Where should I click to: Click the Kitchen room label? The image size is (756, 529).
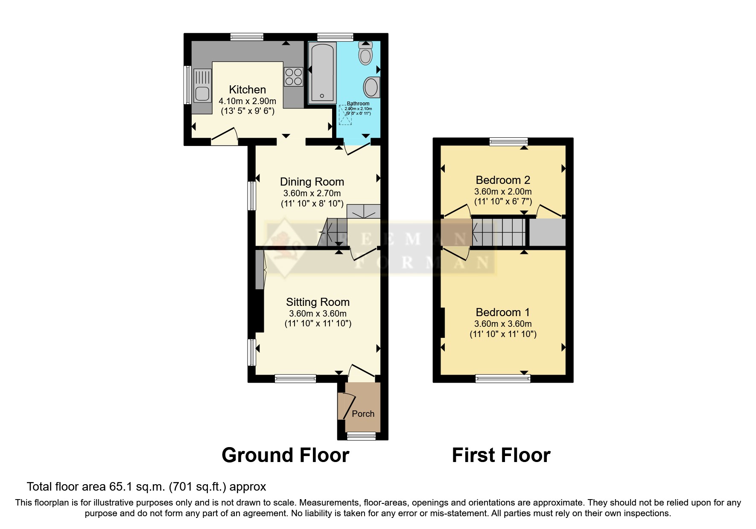[247, 90]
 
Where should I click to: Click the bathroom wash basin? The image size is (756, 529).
[371, 87]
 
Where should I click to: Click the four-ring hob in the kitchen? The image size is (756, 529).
[293, 77]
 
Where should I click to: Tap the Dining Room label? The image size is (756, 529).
[312, 182]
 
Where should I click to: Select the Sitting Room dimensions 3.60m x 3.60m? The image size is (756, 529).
[318, 314]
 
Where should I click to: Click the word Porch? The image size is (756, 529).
[363, 414]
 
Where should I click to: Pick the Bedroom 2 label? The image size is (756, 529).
[503, 180]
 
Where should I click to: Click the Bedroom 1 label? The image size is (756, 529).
[503, 312]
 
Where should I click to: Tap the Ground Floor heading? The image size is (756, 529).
[285, 455]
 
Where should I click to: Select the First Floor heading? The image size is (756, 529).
[501, 455]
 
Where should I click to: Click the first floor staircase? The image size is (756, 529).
[499, 233]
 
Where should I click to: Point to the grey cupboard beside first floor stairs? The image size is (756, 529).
[547, 233]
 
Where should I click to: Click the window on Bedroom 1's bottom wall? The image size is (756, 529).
[502, 378]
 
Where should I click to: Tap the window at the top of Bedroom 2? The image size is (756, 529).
[508, 142]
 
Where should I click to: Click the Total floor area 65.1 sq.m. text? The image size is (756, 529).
[146, 487]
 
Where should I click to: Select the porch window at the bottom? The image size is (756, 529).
[361, 436]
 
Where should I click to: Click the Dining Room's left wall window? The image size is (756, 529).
[252, 196]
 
